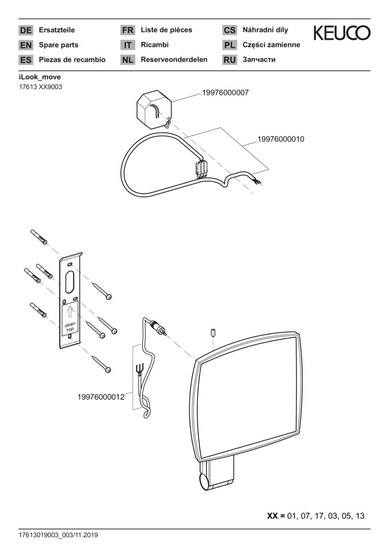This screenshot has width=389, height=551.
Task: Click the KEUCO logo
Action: click(x=342, y=33)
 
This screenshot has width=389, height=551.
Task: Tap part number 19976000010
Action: click(x=280, y=139)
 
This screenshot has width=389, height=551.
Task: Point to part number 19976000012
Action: click(x=101, y=396)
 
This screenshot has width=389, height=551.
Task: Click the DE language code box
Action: click(x=25, y=31)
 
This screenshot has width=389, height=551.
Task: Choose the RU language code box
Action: click(x=229, y=60)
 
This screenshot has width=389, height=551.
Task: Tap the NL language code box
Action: click(x=127, y=60)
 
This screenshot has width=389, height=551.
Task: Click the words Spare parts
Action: click(x=59, y=45)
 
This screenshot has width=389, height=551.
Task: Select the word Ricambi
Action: click(x=154, y=45)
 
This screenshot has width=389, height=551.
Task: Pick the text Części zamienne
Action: click(x=271, y=45)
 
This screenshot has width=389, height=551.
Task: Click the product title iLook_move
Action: click(x=39, y=77)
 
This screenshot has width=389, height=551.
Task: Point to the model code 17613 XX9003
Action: click(x=40, y=87)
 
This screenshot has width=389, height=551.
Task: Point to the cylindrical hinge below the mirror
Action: click(x=204, y=481)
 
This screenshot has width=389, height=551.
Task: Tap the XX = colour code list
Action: click(x=316, y=516)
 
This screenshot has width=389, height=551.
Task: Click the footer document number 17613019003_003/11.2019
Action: click(x=58, y=536)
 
